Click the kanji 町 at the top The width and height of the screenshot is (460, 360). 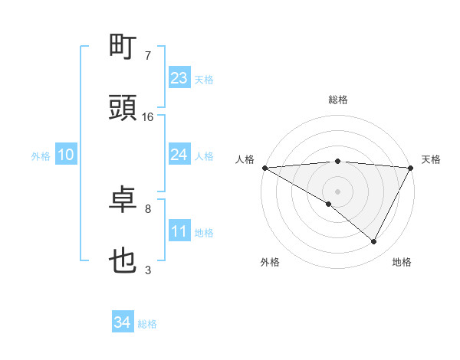click(x=123, y=47)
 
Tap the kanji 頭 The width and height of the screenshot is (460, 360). click(x=123, y=108)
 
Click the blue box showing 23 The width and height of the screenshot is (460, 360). click(x=179, y=78)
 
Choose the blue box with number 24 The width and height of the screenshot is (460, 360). click(x=179, y=155)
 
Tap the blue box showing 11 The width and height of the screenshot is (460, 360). click(x=179, y=231)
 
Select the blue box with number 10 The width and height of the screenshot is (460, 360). click(x=66, y=155)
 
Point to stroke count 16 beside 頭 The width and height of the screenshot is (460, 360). click(x=148, y=117)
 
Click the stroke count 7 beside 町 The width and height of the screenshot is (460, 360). click(x=148, y=56)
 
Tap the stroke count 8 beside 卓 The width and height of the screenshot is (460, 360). click(x=148, y=208)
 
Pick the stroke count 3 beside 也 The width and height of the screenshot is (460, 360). click(x=148, y=270)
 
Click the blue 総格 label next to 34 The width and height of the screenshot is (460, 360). click(x=147, y=324)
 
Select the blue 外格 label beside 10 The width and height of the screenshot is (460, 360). click(x=41, y=156)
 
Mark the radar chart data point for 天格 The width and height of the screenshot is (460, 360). click(x=411, y=168)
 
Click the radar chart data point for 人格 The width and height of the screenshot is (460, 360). click(x=264, y=168)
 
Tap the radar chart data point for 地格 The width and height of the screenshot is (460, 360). click(x=373, y=242)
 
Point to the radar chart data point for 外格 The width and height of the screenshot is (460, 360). click(x=329, y=205)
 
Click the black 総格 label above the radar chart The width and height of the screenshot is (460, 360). click(x=338, y=100)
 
